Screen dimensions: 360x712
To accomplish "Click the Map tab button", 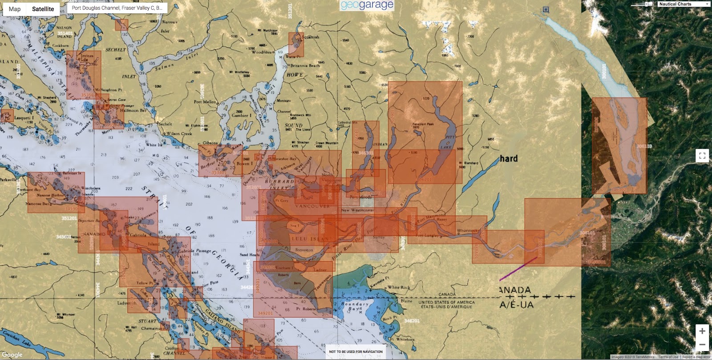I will [15, 9].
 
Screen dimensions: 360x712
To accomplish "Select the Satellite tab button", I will [43, 9].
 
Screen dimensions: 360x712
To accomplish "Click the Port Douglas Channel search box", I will [117, 8].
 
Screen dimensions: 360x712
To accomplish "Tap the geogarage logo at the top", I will [367, 5].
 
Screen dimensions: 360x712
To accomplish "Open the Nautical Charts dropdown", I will [684, 4].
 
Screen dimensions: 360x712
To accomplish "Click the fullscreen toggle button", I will [702, 155].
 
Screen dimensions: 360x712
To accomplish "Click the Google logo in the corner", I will [12, 355].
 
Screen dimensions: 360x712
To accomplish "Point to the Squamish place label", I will [311, 37].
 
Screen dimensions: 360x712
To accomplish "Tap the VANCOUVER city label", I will [312, 206].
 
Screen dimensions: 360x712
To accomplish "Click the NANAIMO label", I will [93, 234].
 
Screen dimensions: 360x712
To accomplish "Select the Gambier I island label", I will [242, 115].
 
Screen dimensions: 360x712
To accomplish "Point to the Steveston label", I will [304, 250].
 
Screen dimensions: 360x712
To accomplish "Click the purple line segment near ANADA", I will [518, 269].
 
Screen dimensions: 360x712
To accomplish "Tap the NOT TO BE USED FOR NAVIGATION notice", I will [356, 352].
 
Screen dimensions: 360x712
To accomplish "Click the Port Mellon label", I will [205, 102].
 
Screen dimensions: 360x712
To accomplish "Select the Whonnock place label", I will [467, 231].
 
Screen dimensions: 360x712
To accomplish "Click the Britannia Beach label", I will [305, 66].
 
